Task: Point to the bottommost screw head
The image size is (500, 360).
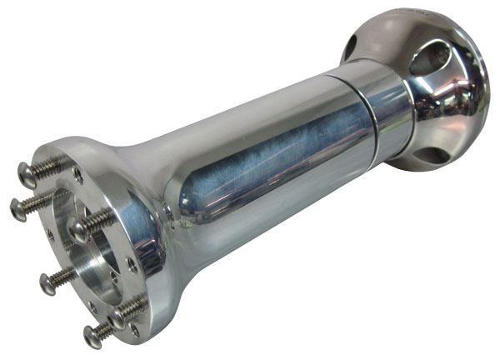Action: [92, 336]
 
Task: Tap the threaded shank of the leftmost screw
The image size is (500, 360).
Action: [38, 200]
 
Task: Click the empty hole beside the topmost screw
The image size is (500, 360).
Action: [77, 174]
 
